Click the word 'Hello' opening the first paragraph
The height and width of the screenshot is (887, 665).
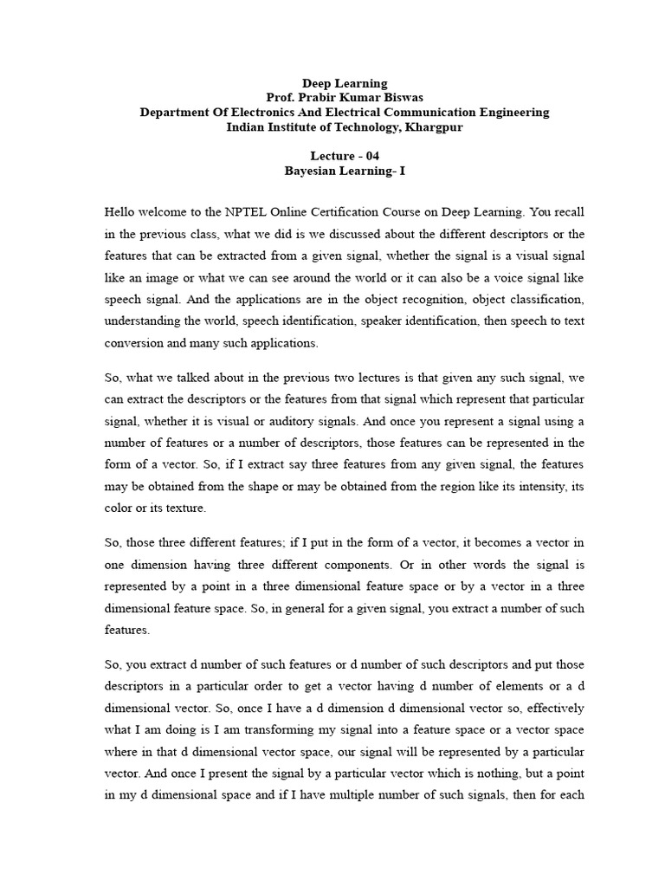tap(120, 210)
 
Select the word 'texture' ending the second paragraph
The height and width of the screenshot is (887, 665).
tap(184, 508)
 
